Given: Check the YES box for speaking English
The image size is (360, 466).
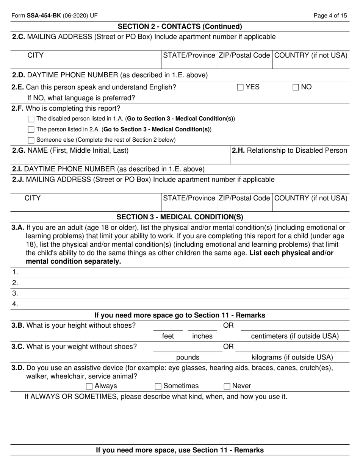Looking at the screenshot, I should click(240, 88).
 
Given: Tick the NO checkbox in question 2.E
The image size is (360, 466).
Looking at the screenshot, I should click(296, 88).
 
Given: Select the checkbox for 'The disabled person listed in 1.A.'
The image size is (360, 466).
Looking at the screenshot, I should click(31, 119).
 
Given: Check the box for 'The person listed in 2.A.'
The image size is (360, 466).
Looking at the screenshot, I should click(31, 130).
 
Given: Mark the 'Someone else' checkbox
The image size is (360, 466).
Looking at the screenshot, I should click(31, 140).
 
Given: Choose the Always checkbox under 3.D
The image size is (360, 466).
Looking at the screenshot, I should click(89, 386).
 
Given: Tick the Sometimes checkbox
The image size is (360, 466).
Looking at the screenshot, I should click(158, 386).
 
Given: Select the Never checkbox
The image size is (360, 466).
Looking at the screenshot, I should click(227, 386).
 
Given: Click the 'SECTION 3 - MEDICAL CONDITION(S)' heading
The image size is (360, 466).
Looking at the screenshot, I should click(180, 217).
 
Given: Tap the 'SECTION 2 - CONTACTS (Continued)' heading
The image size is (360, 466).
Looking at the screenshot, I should click(180, 26).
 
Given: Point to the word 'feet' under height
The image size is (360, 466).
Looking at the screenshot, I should click(168, 336).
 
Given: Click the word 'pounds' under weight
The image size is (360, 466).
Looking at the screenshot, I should click(188, 357).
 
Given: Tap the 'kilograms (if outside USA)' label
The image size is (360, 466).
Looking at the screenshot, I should click(292, 357).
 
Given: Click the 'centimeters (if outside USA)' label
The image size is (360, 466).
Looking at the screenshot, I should click(295, 336).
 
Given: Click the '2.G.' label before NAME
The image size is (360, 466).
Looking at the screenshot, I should click(19, 150).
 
